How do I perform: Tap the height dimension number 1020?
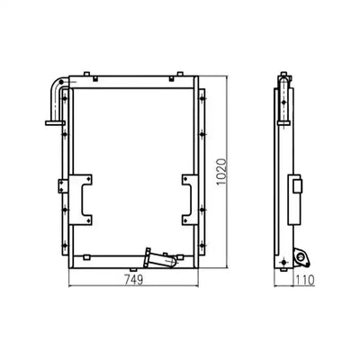(x=232, y=168)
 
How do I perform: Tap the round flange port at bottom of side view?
(x=301, y=260)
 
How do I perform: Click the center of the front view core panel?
(x=133, y=168)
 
